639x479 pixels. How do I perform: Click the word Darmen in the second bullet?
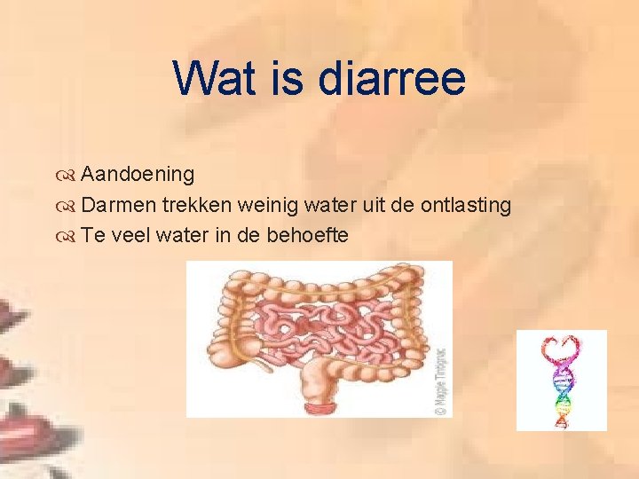point(119,205)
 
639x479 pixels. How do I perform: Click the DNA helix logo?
point(561,381)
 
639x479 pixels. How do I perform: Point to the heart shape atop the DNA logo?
point(561,347)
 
